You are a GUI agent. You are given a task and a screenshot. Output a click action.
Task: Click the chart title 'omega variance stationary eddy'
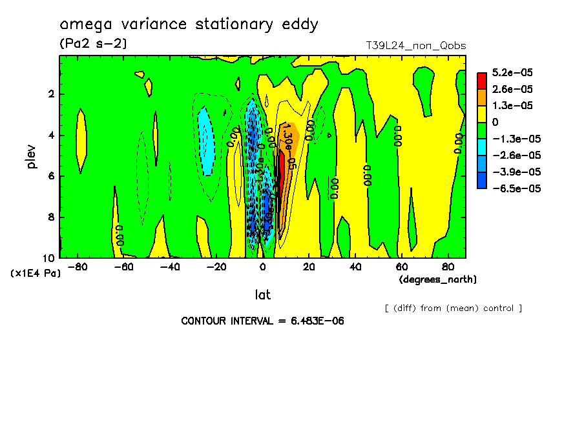tap(189, 25)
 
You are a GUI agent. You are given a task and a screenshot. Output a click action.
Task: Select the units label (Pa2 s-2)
tap(92, 44)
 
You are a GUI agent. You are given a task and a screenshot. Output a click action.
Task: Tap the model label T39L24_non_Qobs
tap(416, 45)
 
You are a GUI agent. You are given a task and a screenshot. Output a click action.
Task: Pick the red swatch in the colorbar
tap(482, 80)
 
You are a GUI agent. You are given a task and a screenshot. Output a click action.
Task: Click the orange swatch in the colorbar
tap(482, 97)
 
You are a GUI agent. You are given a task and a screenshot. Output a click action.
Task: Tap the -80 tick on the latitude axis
tap(78, 266)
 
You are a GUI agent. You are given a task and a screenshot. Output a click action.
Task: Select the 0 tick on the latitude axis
tap(262, 266)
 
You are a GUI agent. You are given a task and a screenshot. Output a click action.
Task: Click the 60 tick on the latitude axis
tap(401, 266)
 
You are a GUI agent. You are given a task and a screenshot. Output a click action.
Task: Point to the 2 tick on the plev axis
tap(50, 94)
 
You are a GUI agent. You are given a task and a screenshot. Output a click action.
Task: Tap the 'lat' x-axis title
tap(262, 295)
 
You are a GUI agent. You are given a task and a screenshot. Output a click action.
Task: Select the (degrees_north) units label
tap(438, 279)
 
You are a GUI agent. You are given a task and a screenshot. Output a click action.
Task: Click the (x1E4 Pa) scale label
tap(36, 273)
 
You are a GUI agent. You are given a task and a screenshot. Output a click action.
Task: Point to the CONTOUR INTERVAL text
tap(262, 321)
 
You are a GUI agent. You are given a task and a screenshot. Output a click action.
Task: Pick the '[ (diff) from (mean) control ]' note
tap(453, 308)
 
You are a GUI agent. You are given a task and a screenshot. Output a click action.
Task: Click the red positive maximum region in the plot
tap(280, 171)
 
